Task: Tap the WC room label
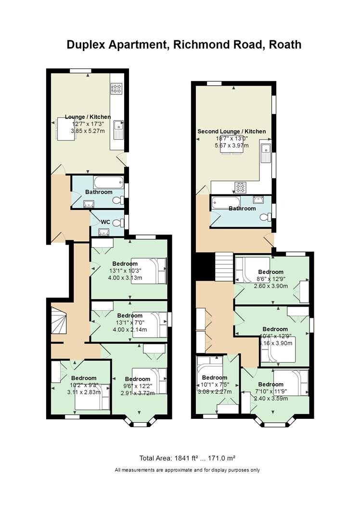coord(106,221)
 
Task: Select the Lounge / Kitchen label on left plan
coord(88,117)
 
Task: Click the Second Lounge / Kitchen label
coord(231,131)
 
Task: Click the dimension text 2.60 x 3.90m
coord(270,286)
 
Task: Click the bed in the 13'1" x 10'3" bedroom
coord(149,271)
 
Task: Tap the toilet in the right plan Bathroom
coord(265,217)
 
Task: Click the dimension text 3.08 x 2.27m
coord(214,391)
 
